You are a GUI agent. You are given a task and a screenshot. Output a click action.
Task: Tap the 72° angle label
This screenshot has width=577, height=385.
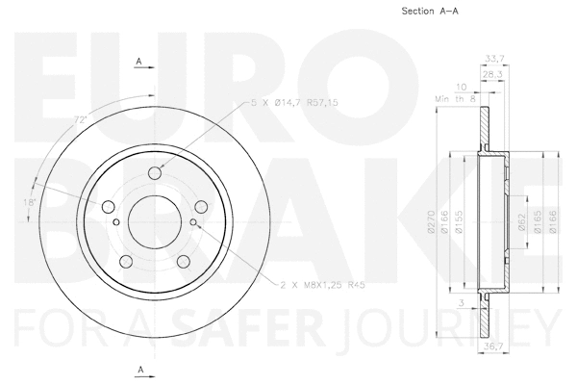click(82, 118)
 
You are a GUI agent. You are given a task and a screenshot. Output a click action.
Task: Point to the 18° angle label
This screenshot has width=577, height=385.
click(32, 203)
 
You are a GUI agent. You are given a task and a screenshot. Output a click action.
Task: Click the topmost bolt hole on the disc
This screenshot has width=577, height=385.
click(154, 174)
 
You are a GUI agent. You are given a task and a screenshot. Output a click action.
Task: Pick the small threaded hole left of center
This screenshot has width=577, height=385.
click(115, 223)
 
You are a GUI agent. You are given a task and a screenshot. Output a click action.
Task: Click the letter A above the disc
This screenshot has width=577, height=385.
click(139, 62)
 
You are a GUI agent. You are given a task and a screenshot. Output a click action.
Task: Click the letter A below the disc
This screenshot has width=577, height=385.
click(139, 370)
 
